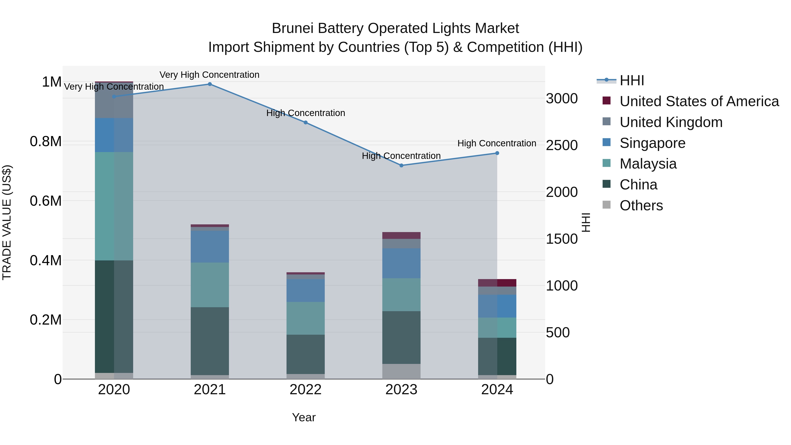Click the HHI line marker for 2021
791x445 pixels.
(210, 84)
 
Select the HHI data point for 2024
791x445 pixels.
(497, 153)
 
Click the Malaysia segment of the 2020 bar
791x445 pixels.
(114, 206)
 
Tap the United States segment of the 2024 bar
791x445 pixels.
(497, 283)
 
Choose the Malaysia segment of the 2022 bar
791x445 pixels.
(306, 318)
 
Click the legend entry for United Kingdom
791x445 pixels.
(671, 122)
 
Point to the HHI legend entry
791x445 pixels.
(632, 80)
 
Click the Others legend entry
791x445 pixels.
(641, 205)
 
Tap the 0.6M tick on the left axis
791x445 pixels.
(45, 201)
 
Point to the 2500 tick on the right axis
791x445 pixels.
(562, 145)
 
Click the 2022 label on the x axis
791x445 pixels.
(306, 390)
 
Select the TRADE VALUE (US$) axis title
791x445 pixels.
(7, 222)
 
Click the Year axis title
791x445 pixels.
(304, 417)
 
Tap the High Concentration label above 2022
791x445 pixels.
(306, 113)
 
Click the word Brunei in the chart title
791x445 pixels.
(293, 29)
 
